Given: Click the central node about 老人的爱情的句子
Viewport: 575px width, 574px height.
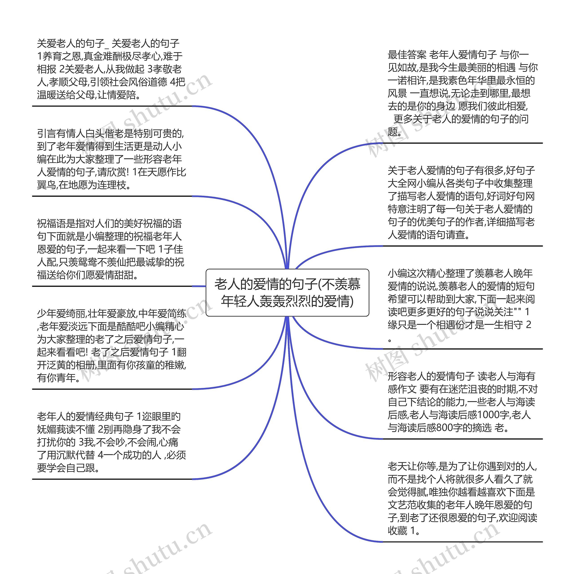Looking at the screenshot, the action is coord(287,292).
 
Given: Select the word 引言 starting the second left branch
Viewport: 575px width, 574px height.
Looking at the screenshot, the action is coord(46,134).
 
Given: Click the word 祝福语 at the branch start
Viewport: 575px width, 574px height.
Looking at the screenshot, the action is coord(51,224).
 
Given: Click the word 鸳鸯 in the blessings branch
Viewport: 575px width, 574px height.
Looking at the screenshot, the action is coord(84,262).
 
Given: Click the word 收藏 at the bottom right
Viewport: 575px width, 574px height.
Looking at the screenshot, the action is coord(397,531).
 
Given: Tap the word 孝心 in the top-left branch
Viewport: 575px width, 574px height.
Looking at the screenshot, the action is coord(151,56).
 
